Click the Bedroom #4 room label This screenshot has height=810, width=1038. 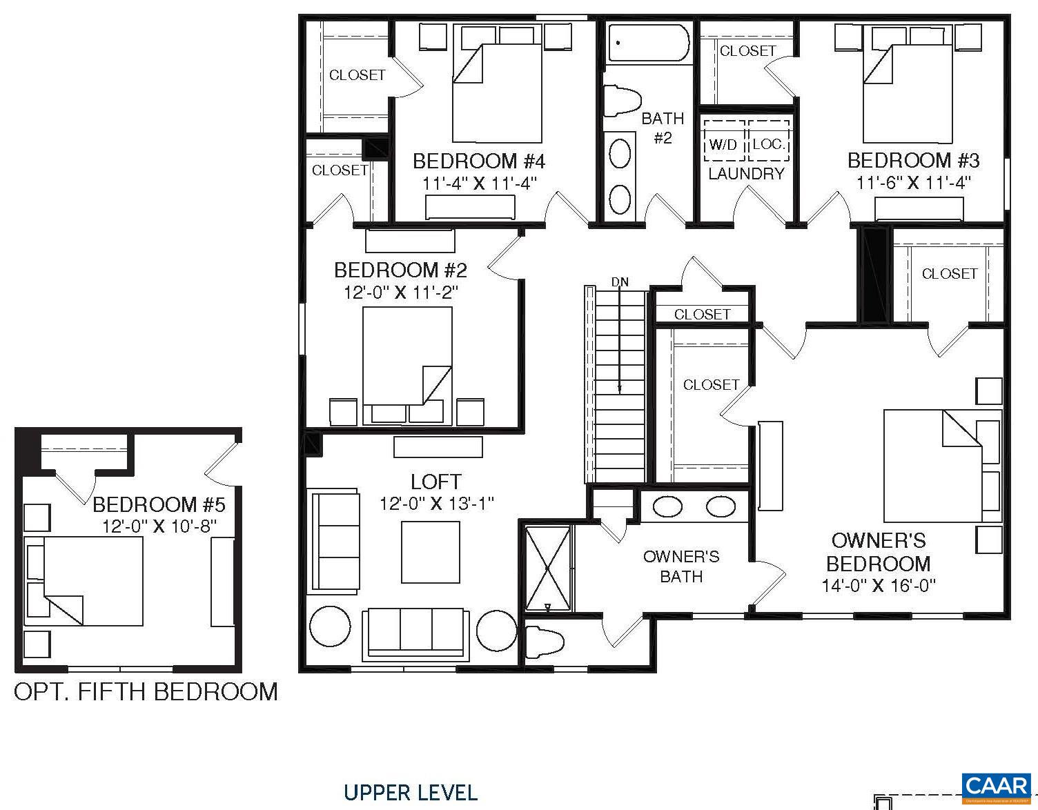pos(479,161)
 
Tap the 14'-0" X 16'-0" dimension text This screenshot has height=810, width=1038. pos(878,586)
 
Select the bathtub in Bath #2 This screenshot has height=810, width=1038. pos(648,43)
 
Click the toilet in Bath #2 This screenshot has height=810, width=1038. pos(623,101)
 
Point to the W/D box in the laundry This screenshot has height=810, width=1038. pos(723,144)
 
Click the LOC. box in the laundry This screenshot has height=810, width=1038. pos(768,144)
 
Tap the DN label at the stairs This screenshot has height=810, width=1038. pos(620,282)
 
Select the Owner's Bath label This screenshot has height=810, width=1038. pos(680,566)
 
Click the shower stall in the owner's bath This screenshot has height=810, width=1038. pos(548,569)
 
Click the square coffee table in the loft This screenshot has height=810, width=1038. pos(431,552)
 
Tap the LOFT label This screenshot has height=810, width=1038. pos(435,482)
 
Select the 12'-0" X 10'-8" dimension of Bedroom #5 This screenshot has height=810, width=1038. pos(159,526)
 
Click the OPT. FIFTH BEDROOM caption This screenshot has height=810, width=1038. pos(146,692)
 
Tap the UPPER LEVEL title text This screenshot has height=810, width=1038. pos(411,793)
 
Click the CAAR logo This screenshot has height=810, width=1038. pos(996,787)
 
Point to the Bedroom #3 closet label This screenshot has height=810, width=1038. pos(747,51)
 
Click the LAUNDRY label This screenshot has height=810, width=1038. pos(746,174)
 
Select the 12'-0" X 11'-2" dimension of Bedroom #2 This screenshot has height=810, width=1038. pos(401,292)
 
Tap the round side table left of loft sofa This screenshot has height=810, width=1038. pos(330,628)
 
